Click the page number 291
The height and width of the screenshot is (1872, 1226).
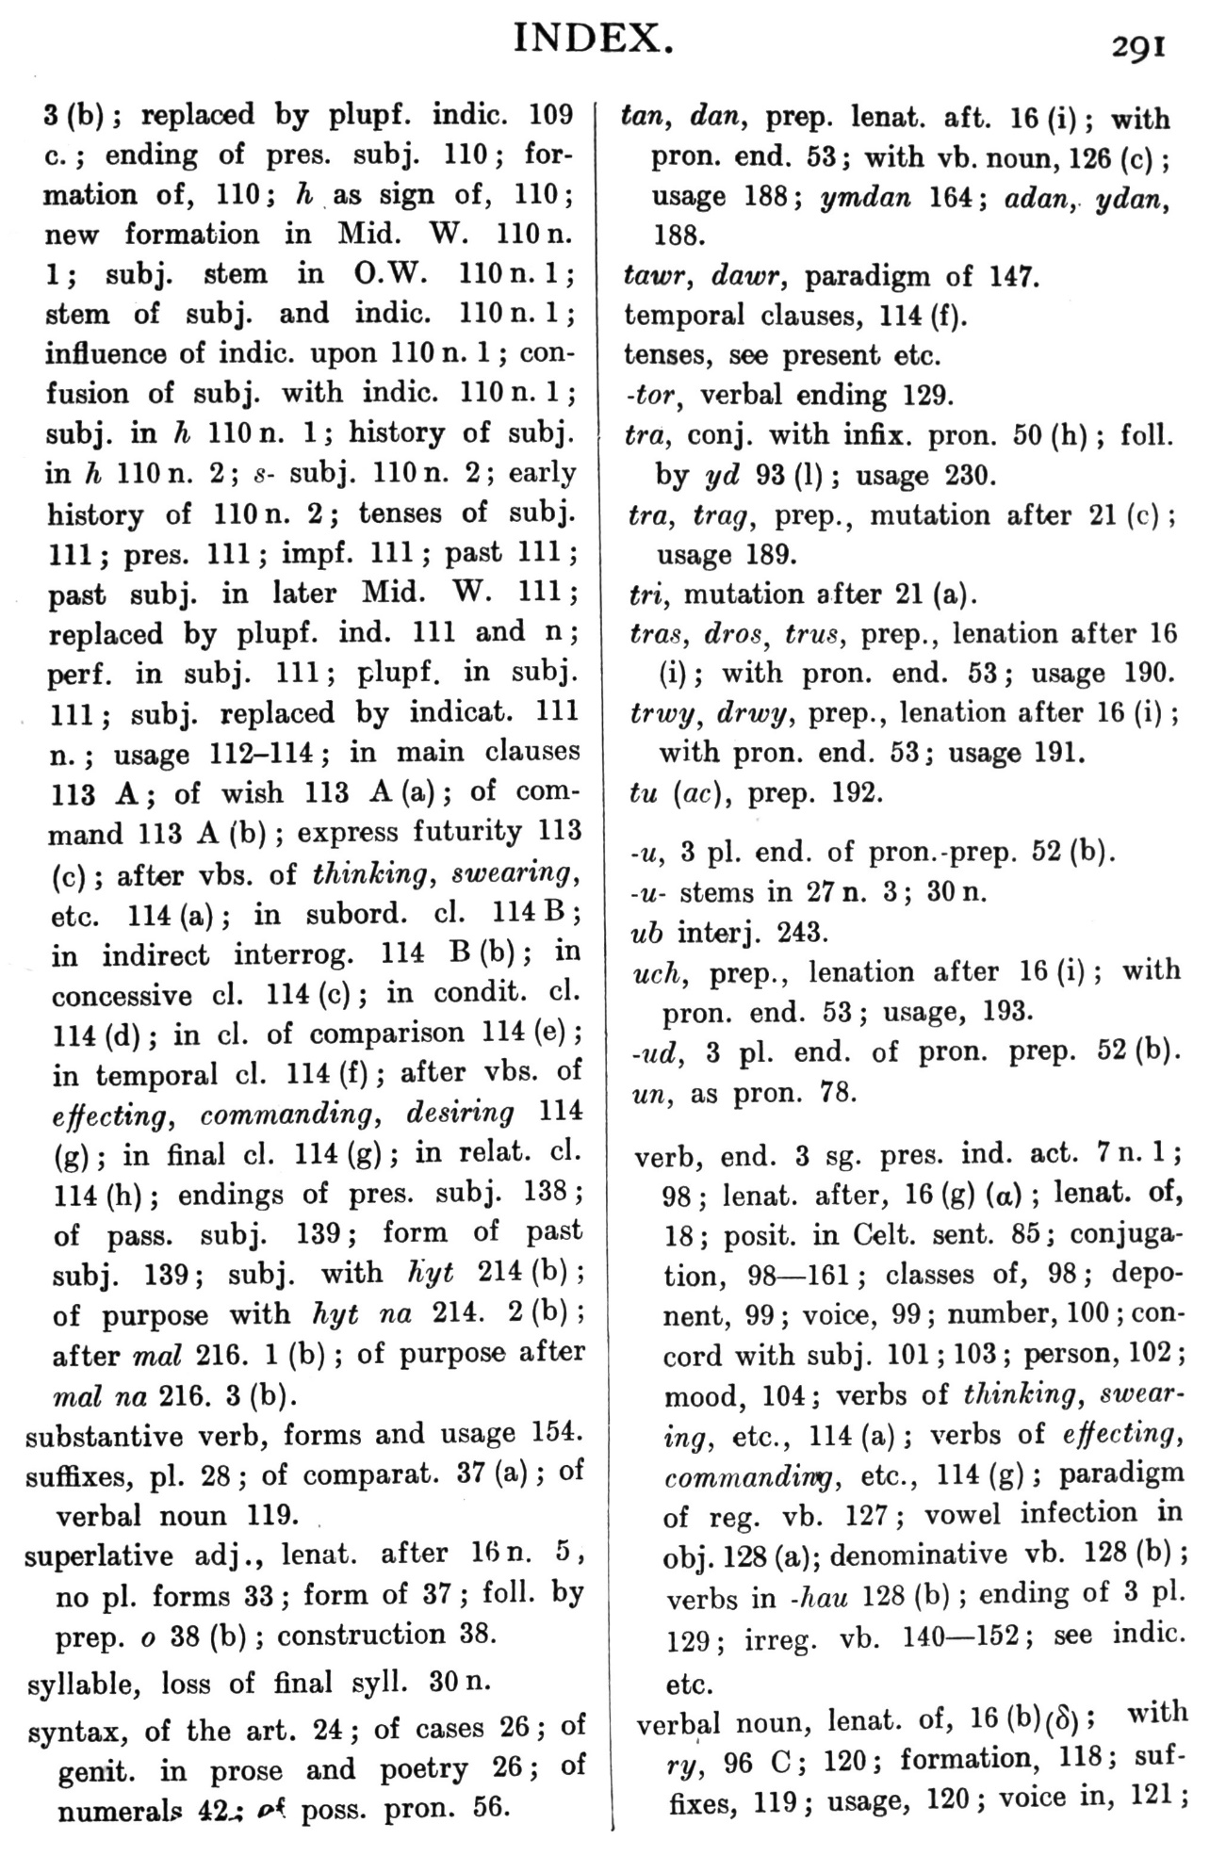(1138, 46)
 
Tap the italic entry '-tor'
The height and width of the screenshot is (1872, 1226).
(651, 396)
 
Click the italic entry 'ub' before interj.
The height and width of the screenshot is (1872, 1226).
(646, 933)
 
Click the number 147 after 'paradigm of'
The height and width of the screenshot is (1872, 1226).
(1011, 277)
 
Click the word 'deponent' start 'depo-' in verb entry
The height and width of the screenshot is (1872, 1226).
(1148, 1274)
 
